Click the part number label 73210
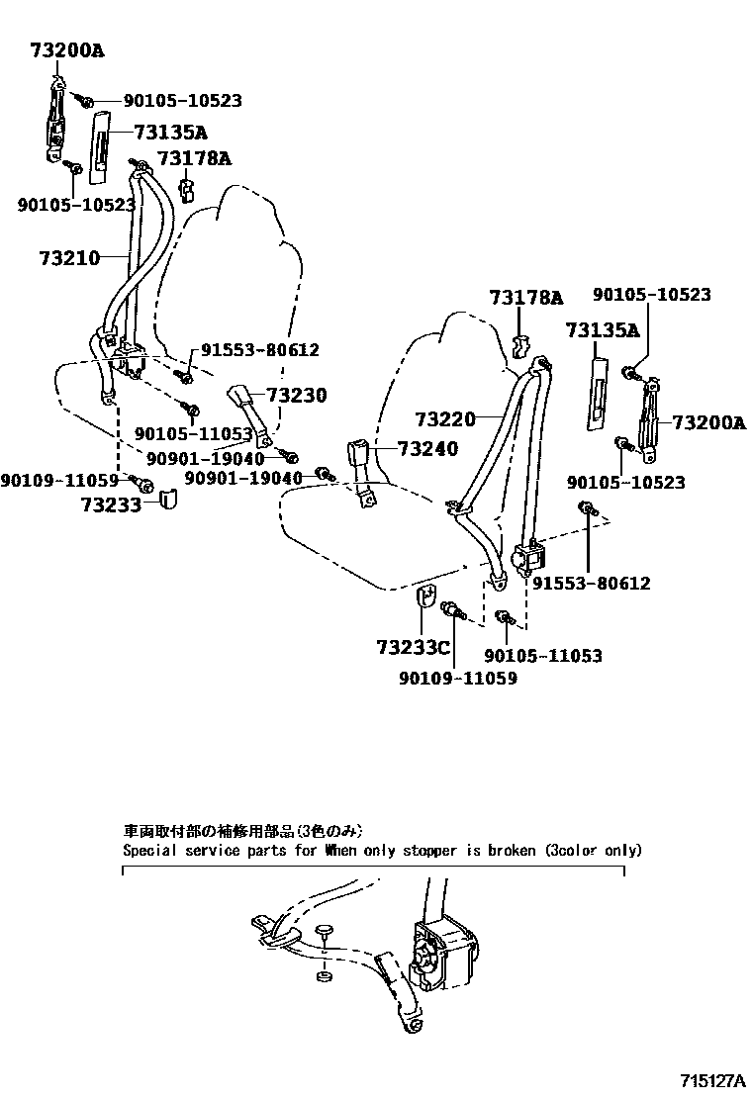(x=69, y=259)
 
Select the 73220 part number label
(x=445, y=419)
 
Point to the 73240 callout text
(x=428, y=449)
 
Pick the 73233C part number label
(x=413, y=649)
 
